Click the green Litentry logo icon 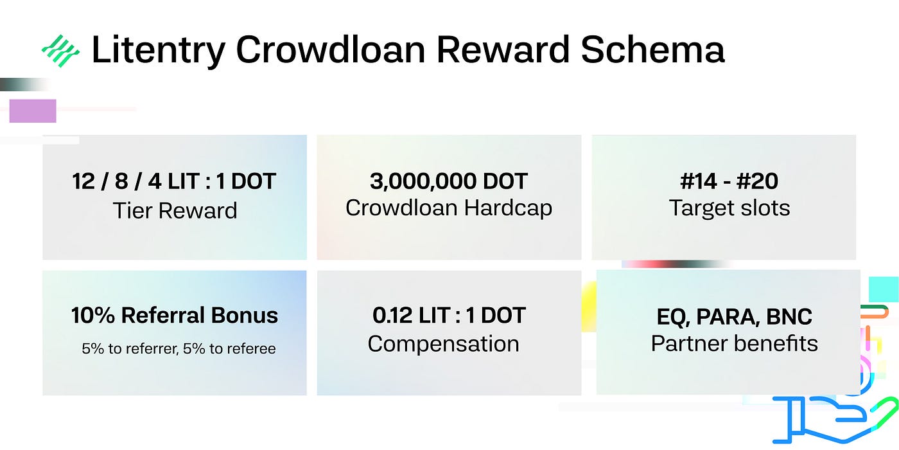pyautogui.click(x=60, y=51)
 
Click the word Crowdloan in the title pyautogui.click(x=330, y=50)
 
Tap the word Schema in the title pyautogui.click(x=652, y=50)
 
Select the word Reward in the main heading pyautogui.click(x=503, y=50)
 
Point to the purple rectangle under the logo pyautogui.click(x=33, y=111)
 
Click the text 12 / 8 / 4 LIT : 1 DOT pyautogui.click(x=174, y=181)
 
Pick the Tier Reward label pyautogui.click(x=175, y=211)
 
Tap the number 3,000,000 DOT pyautogui.click(x=449, y=181)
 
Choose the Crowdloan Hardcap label pyautogui.click(x=449, y=208)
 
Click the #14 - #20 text pyautogui.click(x=729, y=181)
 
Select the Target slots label pyautogui.click(x=729, y=208)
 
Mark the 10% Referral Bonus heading pyautogui.click(x=175, y=315)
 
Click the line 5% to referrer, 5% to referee pyautogui.click(x=179, y=348)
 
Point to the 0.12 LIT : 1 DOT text pyautogui.click(x=449, y=315)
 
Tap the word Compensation pyautogui.click(x=444, y=345)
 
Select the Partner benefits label pyautogui.click(x=735, y=343)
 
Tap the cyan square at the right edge pyautogui.click(x=884, y=289)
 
